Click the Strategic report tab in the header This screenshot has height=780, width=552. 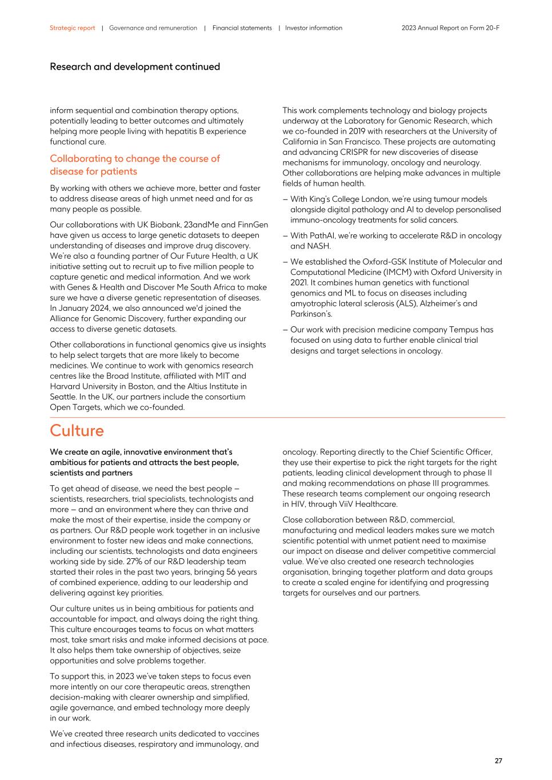(72, 28)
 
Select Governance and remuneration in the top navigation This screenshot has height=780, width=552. (153, 28)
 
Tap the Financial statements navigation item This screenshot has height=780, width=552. (242, 28)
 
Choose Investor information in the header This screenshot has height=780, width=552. (314, 28)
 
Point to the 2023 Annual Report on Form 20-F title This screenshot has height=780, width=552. (450, 28)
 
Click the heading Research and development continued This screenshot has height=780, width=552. (135, 67)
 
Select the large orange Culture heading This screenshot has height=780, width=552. (77, 430)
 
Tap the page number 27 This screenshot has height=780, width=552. (498, 761)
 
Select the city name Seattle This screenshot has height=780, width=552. (63, 397)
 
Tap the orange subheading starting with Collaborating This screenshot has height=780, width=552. (134, 165)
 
